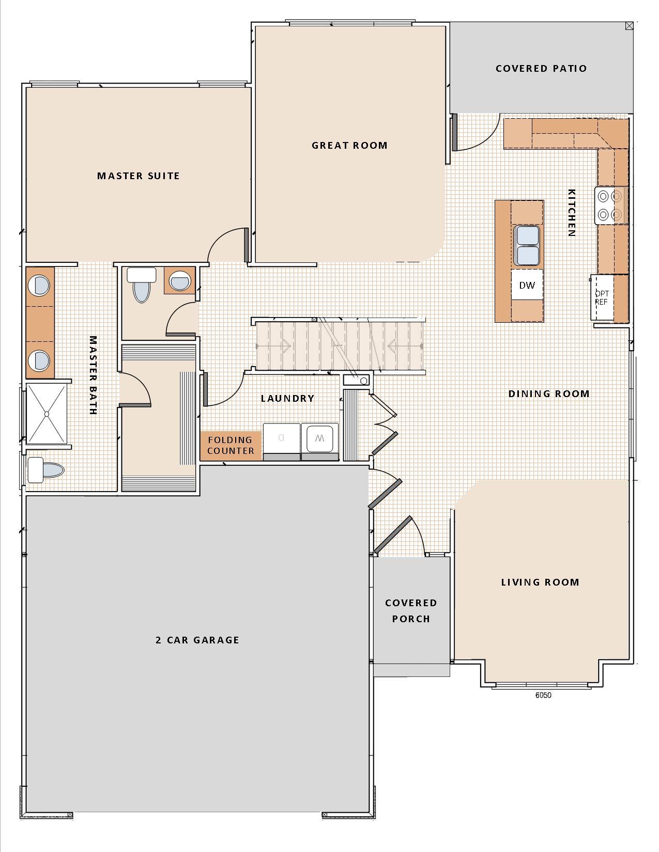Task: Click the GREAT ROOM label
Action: (x=349, y=146)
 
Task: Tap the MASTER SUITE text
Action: (x=139, y=176)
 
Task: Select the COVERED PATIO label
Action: (x=541, y=69)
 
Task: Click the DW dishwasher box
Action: (x=527, y=285)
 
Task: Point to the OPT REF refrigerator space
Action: (x=602, y=298)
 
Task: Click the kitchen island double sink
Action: (x=527, y=245)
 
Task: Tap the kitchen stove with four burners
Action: (x=610, y=206)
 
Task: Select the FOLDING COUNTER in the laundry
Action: (x=231, y=446)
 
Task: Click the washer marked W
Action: (x=320, y=439)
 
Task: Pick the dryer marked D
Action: (x=282, y=439)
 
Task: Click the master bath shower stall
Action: (x=47, y=414)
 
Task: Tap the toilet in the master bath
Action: (x=45, y=469)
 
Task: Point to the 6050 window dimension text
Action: (x=543, y=695)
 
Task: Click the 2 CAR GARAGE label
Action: (x=197, y=640)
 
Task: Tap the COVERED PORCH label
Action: (x=411, y=611)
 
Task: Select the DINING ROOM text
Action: (x=549, y=394)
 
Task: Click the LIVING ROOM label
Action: (x=540, y=582)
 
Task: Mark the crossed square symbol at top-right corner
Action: (x=629, y=26)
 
